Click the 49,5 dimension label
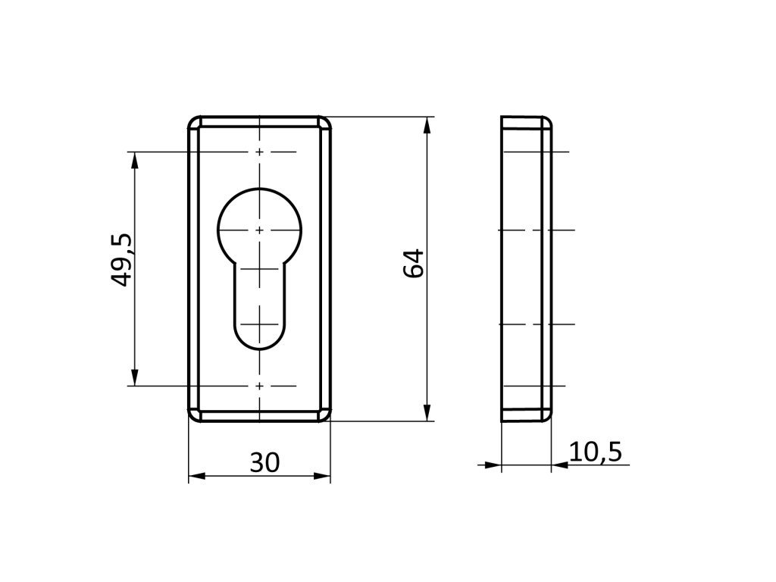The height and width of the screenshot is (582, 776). click(x=121, y=259)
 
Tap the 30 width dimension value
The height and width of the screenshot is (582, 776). click(x=264, y=462)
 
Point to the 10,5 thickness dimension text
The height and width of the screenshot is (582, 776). click(x=596, y=452)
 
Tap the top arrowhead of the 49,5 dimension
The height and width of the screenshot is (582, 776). click(x=133, y=161)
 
